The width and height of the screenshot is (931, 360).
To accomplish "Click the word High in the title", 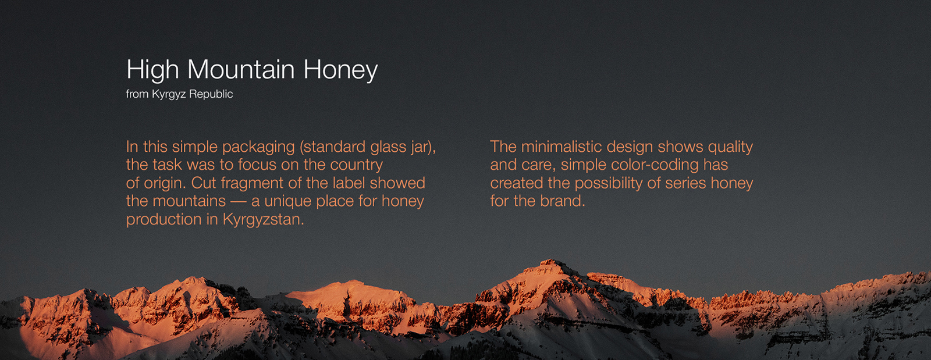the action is click(x=152, y=70).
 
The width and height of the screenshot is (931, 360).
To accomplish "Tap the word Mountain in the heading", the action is click(x=241, y=69).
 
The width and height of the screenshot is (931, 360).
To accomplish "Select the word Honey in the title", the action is click(x=340, y=70).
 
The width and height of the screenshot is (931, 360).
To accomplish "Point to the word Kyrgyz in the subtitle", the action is click(x=169, y=94).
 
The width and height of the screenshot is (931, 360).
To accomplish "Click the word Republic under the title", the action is click(x=211, y=94).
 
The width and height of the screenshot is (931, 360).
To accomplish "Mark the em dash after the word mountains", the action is click(x=238, y=201).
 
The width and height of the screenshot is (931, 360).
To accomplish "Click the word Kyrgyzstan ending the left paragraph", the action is click(x=263, y=220).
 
